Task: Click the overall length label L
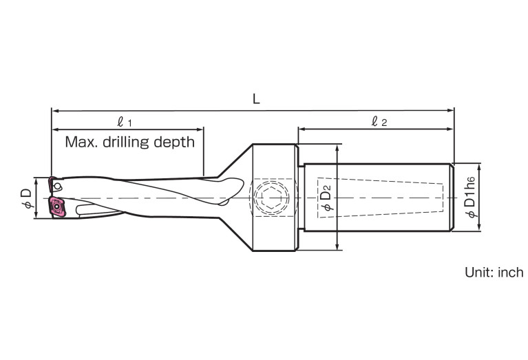(255, 99)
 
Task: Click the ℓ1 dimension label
(125, 121)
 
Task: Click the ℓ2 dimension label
(379, 121)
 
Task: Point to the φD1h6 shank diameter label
(470, 198)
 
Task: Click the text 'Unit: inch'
(494, 273)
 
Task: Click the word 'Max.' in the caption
(80, 142)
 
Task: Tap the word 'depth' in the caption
(175, 143)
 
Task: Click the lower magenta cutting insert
(56, 207)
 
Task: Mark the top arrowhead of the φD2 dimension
(337, 147)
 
